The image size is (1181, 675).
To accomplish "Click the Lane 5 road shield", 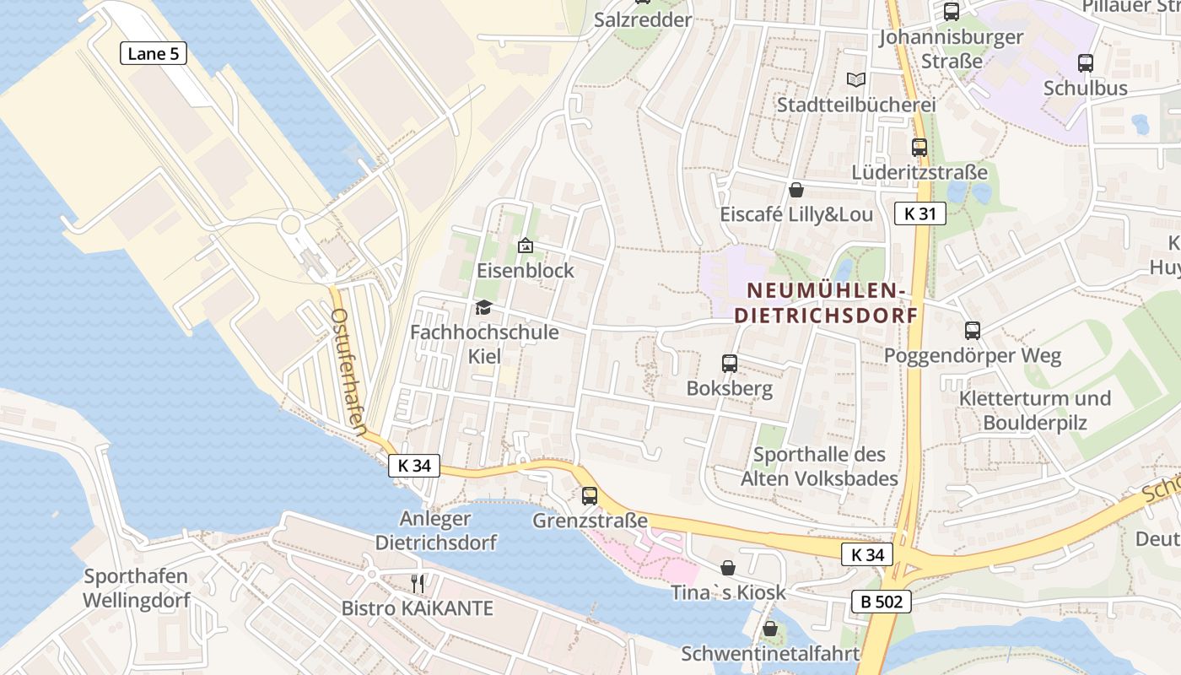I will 153,54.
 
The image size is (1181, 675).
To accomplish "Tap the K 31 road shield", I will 919,213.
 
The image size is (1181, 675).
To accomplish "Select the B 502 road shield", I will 882,602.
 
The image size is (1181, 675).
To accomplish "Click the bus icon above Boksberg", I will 730,364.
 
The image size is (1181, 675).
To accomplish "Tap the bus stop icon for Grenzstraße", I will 590,495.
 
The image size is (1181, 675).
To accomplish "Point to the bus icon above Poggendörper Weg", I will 973,331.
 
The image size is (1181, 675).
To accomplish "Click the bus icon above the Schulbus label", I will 1086,62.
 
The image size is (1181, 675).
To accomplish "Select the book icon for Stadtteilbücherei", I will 856,79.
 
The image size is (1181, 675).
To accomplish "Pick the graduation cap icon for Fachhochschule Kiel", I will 483,307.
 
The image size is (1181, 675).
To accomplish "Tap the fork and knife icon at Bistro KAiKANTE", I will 418,582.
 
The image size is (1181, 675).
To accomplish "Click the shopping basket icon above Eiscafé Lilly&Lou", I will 795,190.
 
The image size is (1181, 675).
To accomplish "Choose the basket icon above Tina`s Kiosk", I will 727,568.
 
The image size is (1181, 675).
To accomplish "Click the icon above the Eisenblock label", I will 525,246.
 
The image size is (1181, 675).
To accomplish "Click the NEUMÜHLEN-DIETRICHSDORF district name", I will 826,303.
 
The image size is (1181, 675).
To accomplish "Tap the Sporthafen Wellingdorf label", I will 136,589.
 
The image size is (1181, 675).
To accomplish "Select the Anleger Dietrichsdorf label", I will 436,530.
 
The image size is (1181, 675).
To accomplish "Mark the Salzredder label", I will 643,19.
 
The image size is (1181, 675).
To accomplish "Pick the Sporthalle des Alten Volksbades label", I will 819,467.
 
